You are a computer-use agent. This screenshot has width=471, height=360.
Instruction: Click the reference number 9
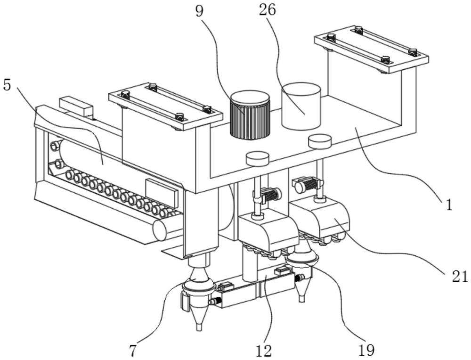tap(199, 11)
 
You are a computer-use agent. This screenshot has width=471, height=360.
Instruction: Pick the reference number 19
tap(366, 350)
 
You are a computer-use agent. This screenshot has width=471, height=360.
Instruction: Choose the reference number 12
tap(264, 350)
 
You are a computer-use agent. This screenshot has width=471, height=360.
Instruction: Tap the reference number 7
tap(133, 351)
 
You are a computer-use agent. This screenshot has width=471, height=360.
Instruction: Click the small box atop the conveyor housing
tap(76, 106)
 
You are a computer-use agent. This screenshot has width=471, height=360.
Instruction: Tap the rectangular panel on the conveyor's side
tap(162, 193)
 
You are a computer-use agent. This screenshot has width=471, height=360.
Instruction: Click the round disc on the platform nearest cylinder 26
tap(320, 141)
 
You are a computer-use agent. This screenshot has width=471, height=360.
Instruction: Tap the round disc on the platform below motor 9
tap(257, 159)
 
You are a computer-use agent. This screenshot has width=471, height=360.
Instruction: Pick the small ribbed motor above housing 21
tap(307, 184)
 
